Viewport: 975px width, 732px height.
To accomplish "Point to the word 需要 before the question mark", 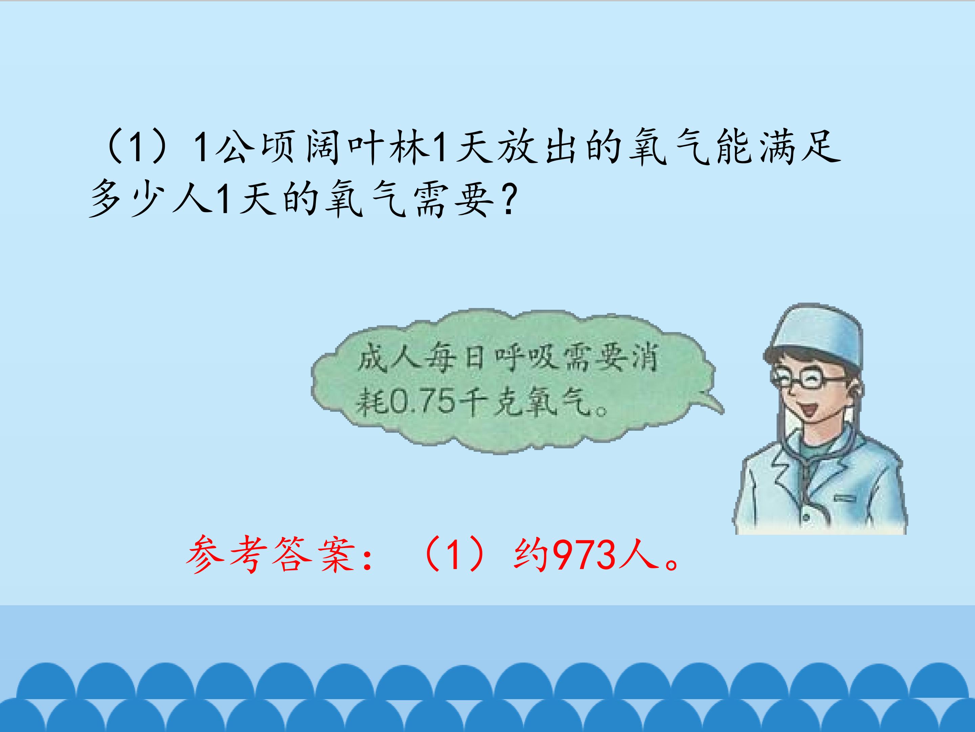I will pos(454,201).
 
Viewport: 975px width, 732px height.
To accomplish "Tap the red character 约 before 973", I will pos(531,555).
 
